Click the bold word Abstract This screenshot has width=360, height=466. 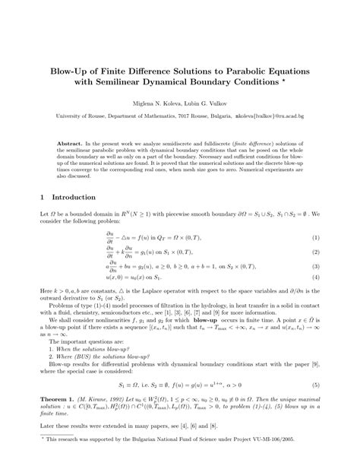coord(92,143)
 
